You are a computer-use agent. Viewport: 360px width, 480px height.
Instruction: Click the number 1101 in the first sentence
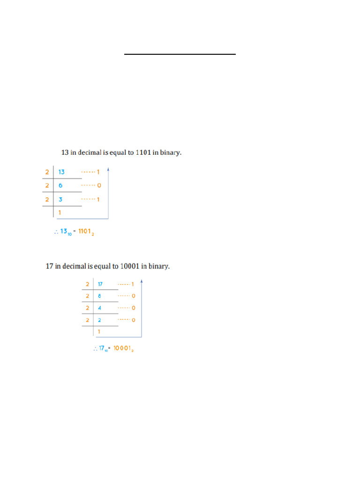(x=143, y=152)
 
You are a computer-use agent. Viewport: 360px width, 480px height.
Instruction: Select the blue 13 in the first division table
(x=61, y=172)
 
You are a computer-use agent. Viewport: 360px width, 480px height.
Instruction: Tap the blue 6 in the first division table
(x=60, y=186)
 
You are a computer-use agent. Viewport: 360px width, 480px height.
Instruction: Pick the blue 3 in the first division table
(x=60, y=200)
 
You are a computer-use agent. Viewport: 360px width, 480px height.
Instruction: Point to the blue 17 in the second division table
(x=100, y=284)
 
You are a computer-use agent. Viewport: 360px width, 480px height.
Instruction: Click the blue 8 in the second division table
(x=99, y=296)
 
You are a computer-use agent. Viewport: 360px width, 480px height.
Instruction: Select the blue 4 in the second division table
(x=99, y=308)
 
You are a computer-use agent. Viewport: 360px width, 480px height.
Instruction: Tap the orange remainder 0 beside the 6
(x=99, y=186)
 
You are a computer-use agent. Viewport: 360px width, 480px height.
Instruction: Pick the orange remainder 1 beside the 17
(x=133, y=284)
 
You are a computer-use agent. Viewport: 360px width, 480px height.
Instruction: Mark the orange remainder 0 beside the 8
(x=133, y=296)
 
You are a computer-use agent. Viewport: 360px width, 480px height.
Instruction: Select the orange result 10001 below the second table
(x=123, y=349)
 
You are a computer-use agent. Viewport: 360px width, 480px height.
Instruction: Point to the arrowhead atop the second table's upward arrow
(x=142, y=282)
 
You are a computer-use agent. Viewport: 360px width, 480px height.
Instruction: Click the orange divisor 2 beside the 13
(x=47, y=172)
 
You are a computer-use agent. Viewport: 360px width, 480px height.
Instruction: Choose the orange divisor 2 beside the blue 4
(x=87, y=308)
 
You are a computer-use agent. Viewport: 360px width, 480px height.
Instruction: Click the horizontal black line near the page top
(x=180, y=54)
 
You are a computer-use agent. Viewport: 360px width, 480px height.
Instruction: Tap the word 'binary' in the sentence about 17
(x=159, y=266)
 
